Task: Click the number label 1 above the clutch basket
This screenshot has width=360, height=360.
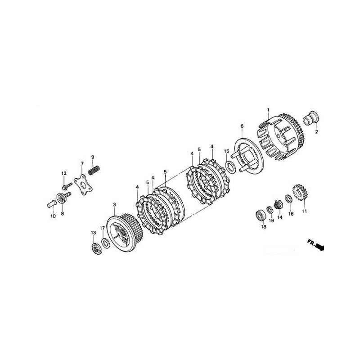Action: point(268,110)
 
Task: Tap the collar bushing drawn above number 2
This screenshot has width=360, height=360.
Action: point(311,119)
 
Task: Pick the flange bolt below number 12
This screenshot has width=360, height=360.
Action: point(66,184)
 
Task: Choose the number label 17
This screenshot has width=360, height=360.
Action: point(103,228)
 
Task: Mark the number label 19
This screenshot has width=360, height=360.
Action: point(271,220)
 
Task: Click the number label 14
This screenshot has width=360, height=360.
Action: point(280,217)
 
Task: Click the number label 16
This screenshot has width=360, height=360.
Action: point(291,214)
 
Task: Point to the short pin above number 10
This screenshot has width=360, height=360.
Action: point(49,203)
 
